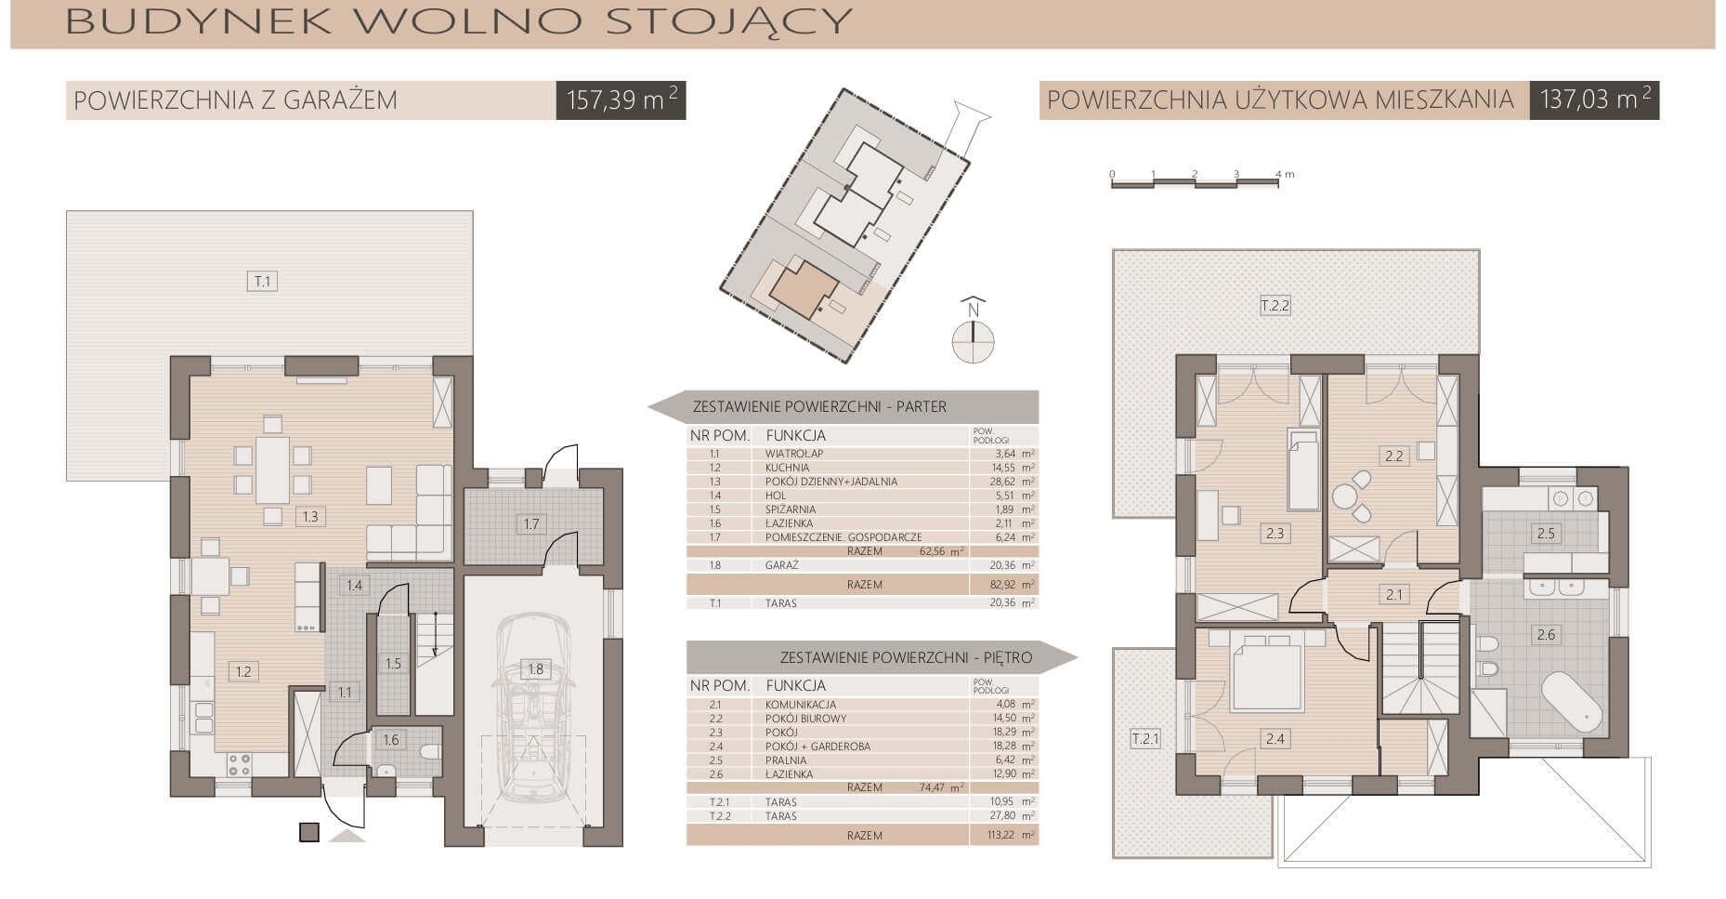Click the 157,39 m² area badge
click(621, 99)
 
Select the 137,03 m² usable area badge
click(1594, 99)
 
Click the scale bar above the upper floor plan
click(1195, 182)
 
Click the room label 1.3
click(310, 516)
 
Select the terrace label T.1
click(262, 281)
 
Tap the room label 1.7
click(530, 523)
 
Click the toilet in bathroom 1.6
click(429, 751)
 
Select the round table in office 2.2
click(1344, 497)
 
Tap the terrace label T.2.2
click(1275, 306)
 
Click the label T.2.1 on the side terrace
click(1145, 739)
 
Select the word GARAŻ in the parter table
click(782, 565)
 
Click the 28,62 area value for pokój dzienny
click(1004, 482)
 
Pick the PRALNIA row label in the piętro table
click(785, 760)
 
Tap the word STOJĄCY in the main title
click(728, 20)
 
